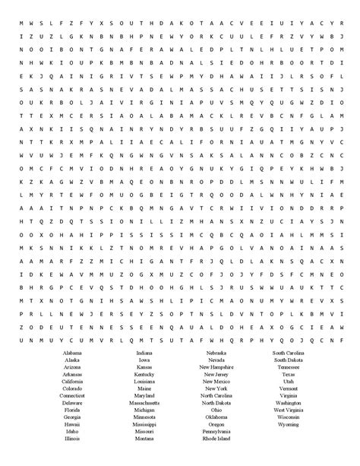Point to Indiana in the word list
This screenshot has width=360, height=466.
(x=144, y=353)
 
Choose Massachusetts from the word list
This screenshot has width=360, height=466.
(x=144, y=403)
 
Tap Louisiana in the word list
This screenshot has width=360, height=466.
(x=144, y=382)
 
